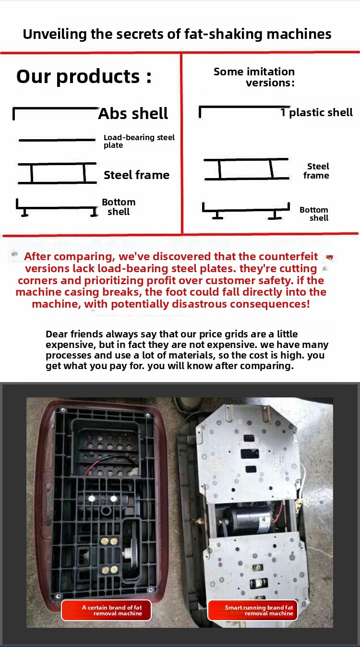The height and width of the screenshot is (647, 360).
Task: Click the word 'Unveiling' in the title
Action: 55,34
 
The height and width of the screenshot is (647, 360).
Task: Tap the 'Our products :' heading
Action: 84,76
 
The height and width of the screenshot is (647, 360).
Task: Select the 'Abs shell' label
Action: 133,113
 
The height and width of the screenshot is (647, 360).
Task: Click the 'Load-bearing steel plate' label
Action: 139,141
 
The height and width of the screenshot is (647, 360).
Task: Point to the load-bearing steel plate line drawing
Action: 57,140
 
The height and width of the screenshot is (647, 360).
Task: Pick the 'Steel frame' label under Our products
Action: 136,175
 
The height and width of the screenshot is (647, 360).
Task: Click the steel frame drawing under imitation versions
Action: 246,169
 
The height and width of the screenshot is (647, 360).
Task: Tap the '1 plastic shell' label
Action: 316,112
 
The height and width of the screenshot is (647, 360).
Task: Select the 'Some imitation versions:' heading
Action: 254,77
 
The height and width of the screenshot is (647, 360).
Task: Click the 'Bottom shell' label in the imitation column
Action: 314,214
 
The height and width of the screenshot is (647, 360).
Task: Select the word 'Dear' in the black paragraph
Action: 57,334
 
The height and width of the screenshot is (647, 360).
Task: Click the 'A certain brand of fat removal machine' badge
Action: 106,611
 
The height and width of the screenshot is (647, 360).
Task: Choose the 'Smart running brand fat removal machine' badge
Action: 252,611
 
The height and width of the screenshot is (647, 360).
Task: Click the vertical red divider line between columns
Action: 182,143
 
